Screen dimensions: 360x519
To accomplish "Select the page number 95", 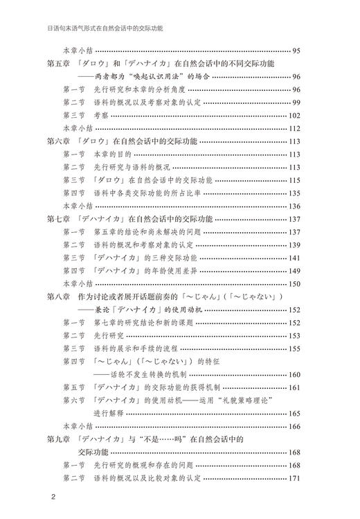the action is click(296, 51).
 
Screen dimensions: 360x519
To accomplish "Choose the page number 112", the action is click(294, 128).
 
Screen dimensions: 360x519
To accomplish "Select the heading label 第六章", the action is click(59, 141).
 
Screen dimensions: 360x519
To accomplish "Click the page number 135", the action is click(294, 193).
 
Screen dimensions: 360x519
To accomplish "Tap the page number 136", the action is click(294, 206).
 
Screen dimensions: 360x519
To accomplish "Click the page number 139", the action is click(294, 245).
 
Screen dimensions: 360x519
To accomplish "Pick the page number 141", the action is click(294, 258).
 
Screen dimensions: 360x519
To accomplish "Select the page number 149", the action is click(294, 270).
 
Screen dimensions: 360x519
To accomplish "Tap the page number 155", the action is click(294, 349).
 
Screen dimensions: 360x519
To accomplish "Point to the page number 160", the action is click(294, 374).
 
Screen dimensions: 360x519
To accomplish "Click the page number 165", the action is click(294, 413).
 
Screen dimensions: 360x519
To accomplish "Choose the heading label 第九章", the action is click(59, 439).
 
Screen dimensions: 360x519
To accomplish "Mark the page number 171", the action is click(294, 478).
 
